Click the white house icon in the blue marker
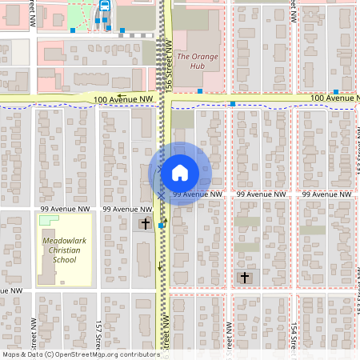pyautogui.click(x=180, y=173)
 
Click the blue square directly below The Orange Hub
pyautogui.click(x=200, y=90)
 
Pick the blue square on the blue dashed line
pyautogui.click(x=232, y=104)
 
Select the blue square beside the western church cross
pyautogui.click(x=161, y=226)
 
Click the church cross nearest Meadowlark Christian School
pyautogui.click(x=145, y=224)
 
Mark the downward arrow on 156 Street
pyautogui.click(x=159, y=266)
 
